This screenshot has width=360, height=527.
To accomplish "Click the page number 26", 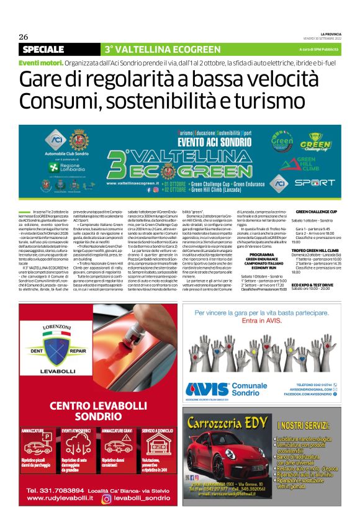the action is tap(24, 37).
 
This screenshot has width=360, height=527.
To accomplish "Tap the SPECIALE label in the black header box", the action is tap(43, 49).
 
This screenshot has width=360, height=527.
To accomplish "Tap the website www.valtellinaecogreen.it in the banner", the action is tap(133, 184).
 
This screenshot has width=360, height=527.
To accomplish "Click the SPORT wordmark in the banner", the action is tap(315, 182).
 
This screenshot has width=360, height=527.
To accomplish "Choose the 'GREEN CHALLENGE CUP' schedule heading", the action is tap(316, 212).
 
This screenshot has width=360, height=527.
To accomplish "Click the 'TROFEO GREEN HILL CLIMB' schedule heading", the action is tap(318, 248).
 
